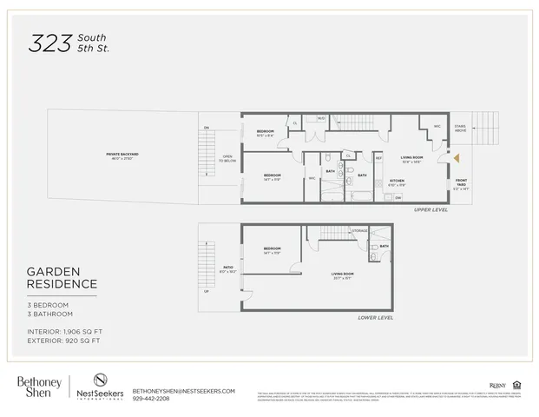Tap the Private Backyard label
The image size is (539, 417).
(122, 155)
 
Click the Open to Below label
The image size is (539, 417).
(227, 160)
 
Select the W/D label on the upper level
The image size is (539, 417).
(320, 118)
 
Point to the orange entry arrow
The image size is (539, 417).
(454, 158)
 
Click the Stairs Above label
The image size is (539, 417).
(460, 129)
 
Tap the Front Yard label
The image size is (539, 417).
(461, 184)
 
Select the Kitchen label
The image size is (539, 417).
(397, 183)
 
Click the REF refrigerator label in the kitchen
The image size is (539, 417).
(378, 158)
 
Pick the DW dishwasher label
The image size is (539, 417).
(398, 197)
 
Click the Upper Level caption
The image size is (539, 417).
(431, 210)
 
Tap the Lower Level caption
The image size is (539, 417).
(376, 318)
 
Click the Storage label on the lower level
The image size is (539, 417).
(359, 230)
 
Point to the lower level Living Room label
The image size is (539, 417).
(342, 275)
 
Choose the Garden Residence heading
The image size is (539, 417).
(61, 277)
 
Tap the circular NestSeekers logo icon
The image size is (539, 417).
(100, 380)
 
